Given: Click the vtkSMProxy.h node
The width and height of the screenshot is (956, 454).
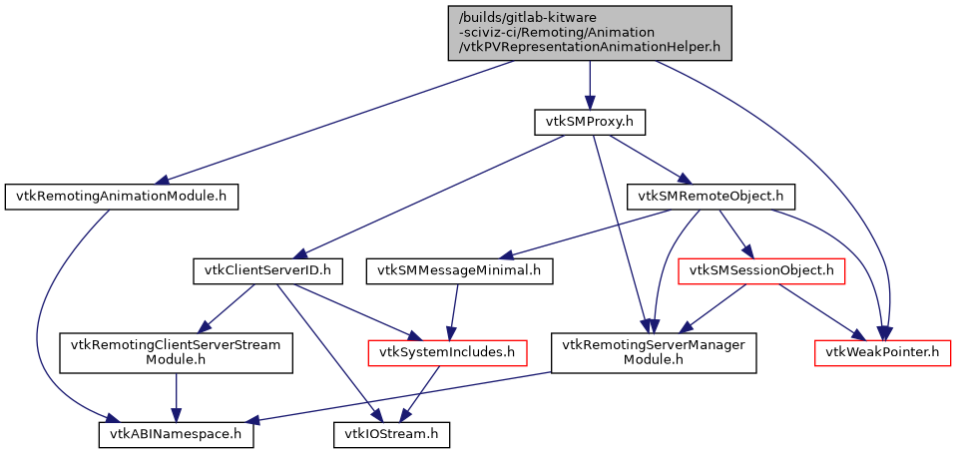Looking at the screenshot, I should (x=589, y=123).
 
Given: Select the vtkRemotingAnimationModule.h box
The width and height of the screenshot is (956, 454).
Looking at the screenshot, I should (x=122, y=197).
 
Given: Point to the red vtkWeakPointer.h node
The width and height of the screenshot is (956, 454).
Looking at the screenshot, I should (x=883, y=351).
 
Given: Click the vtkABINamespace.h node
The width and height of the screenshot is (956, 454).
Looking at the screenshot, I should (x=176, y=435).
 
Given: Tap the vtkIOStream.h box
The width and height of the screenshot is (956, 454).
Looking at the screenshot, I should (x=391, y=435).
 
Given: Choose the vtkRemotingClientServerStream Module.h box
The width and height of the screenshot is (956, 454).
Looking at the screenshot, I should (x=176, y=351).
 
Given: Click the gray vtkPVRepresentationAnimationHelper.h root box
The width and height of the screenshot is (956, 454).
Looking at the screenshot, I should (x=590, y=33).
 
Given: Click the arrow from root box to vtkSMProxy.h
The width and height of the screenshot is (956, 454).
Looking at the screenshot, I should (x=590, y=86).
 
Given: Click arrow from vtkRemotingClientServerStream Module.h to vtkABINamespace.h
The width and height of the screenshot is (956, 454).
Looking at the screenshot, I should (x=176, y=398).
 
